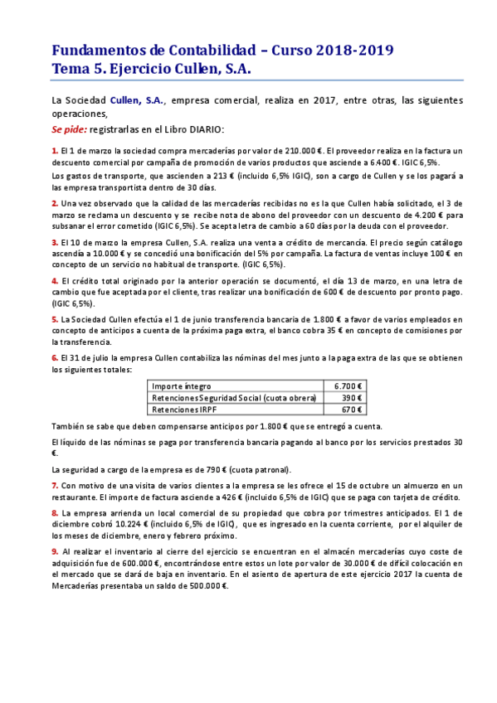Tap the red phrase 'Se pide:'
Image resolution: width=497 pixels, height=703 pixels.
[68, 129]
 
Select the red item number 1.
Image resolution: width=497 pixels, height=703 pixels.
[54, 151]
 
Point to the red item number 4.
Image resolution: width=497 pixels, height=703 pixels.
[54, 281]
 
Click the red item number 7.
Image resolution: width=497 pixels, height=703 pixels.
[54, 485]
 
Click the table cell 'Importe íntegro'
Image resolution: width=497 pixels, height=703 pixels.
[182, 386]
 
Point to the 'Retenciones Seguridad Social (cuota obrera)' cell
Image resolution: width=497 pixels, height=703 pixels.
[234, 398]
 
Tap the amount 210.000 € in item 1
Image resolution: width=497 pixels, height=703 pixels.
[300, 151]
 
